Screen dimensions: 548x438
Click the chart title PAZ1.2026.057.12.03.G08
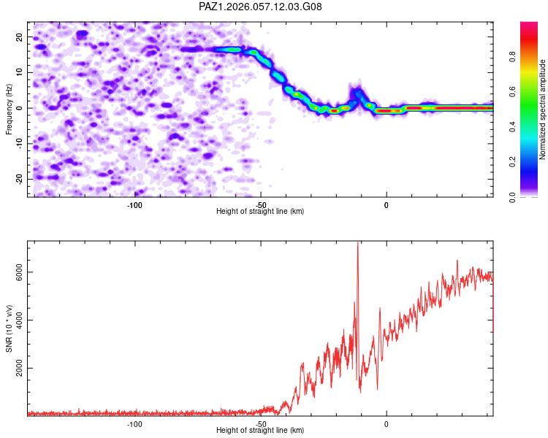(260, 7)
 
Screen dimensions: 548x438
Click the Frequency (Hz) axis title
(9, 109)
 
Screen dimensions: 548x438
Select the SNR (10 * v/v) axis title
(9, 328)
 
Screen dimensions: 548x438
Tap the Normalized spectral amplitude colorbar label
(542, 109)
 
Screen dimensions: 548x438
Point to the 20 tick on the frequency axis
(19, 37)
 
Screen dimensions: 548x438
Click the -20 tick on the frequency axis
(19, 180)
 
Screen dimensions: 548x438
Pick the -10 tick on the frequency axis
(19, 144)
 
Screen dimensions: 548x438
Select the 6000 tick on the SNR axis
(19, 272)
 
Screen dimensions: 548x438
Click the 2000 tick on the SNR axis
(19, 368)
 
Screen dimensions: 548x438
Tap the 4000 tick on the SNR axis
(19, 320)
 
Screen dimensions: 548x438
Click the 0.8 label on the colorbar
(512, 57)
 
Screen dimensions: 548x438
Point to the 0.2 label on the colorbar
(512, 162)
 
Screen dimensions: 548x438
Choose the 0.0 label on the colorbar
(512, 197)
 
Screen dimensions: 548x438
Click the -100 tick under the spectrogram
(134, 205)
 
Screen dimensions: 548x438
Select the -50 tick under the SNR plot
(261, 424)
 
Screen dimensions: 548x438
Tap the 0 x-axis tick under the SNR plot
(387, 424)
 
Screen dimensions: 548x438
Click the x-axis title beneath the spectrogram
(260, 211)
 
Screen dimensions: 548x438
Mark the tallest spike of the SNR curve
(358, 242)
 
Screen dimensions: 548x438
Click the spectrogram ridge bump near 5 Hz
(357, 93)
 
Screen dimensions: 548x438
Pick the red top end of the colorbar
(529, 23)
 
